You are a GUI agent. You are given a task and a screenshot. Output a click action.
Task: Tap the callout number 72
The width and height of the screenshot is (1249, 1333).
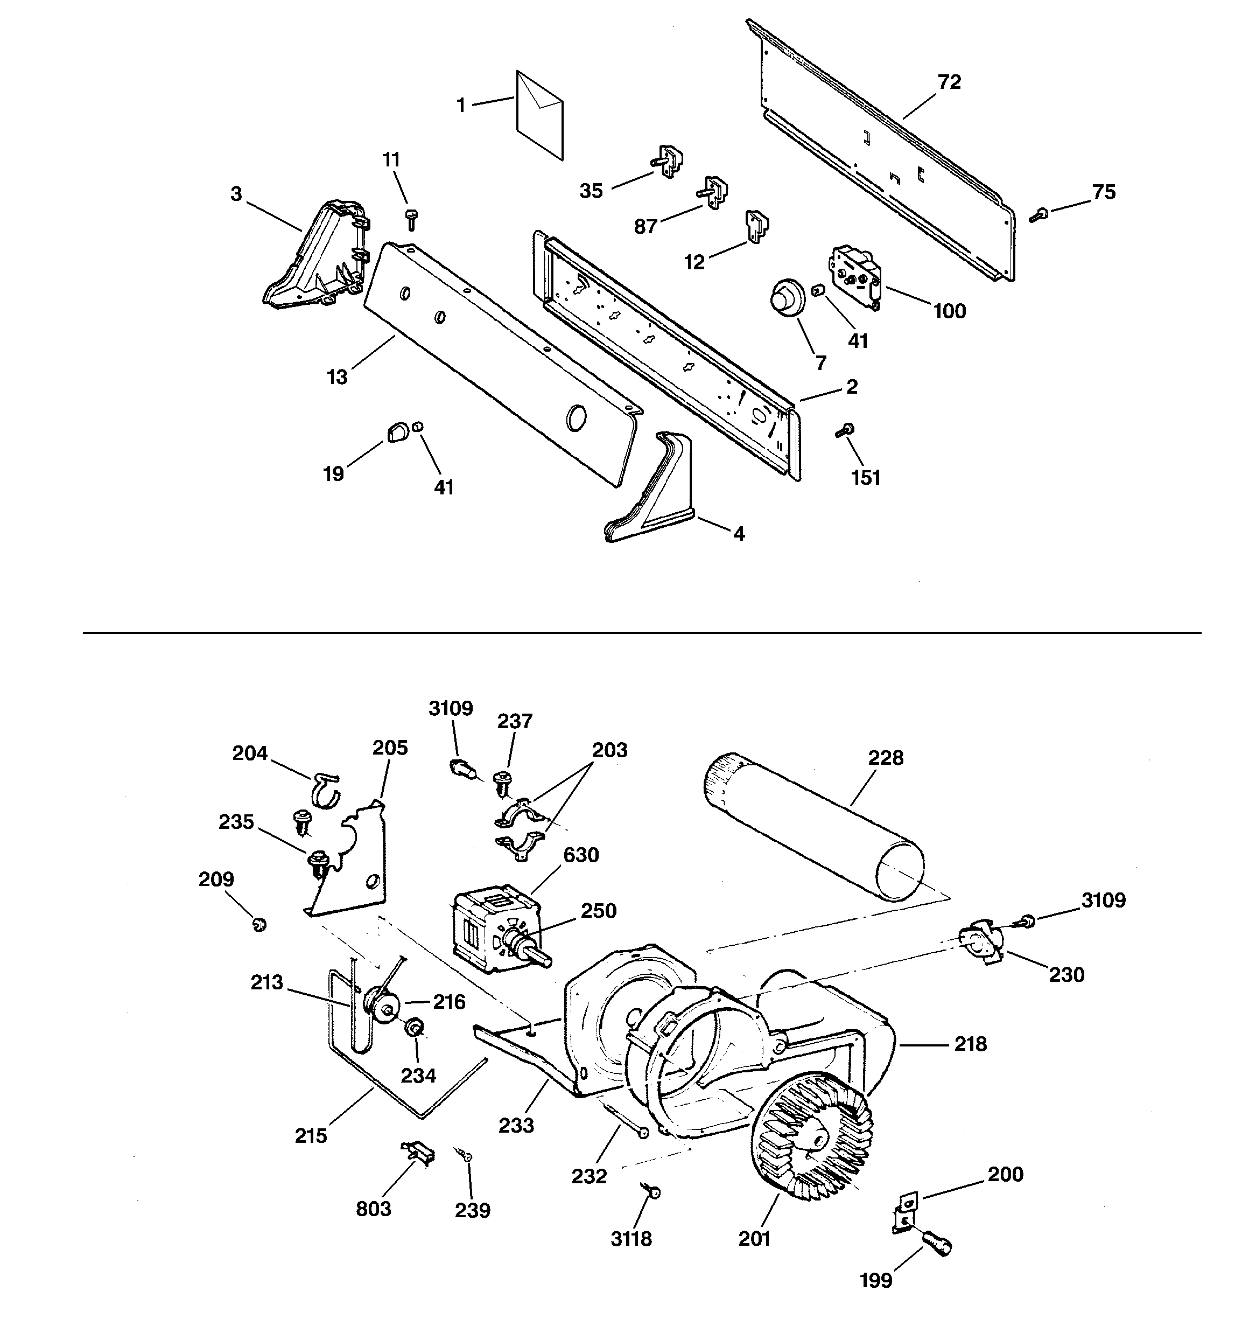(949, 82)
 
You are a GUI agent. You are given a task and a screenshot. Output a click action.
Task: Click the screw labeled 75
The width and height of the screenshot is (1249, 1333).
(1039, 214)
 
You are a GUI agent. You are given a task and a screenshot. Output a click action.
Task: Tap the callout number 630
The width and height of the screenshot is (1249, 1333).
(580, 855)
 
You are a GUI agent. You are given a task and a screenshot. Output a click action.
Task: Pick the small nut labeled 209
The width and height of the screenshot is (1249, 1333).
(259, 925)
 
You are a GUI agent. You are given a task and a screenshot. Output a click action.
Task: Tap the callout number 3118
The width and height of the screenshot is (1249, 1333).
(631, 1239)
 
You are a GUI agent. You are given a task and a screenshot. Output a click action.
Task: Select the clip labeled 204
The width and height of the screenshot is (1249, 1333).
(325, 790)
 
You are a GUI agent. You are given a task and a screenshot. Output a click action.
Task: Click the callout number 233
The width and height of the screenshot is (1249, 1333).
(516, 1125)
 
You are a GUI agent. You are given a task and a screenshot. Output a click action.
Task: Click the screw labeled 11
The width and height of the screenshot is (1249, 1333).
(411, 218)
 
